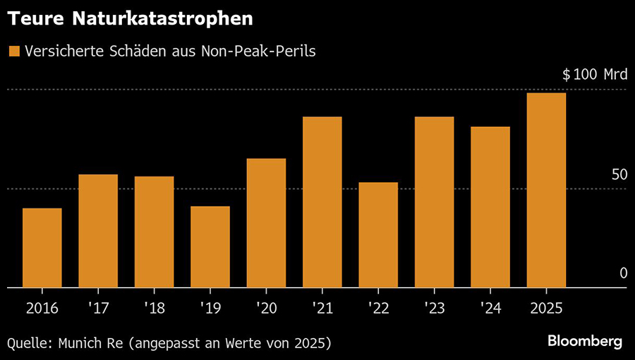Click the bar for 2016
coord(42,248)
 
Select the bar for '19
coord(210,247)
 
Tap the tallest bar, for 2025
coord(546,191)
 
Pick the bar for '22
coord(378,235)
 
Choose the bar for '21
coord(322,203)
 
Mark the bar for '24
coord(490,208)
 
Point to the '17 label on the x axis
coord(98,308)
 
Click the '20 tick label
coord(266,308)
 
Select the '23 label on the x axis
coord(434,308)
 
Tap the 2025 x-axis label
coord(546,308)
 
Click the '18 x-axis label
coord(154,308)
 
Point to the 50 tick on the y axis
coord(619,174)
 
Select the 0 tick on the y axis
coord(623,273)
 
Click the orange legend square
coord(13,51)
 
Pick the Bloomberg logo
coord(585,342)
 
